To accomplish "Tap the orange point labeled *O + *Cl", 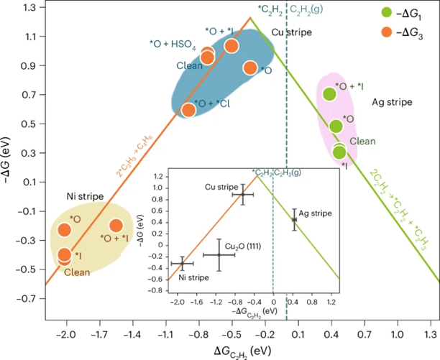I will [188, 109].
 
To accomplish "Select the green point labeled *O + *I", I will [330, 93].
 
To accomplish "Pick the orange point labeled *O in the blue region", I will [250, 68].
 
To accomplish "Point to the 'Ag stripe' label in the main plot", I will [391, 102].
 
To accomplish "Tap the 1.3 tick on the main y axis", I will [28, 8].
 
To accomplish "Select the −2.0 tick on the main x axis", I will [66, 334].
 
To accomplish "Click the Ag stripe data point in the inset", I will [294, 219].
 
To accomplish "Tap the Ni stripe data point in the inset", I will [183, 264].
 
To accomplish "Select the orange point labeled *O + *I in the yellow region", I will [116, 226].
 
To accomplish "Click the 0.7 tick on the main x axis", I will [365, 334].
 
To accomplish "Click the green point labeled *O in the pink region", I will [336, 126].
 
